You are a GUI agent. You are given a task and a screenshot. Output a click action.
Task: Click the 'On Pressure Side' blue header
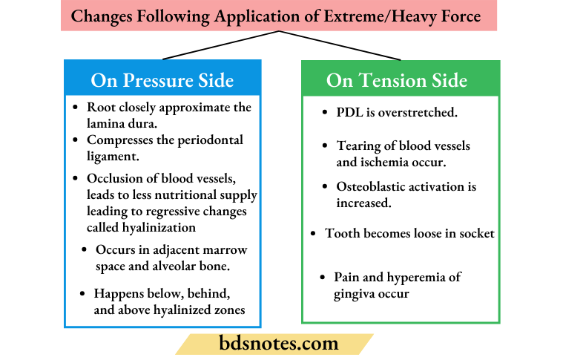[x=162, y=79]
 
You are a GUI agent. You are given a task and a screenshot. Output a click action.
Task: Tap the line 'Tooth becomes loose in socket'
[x=409, y=233]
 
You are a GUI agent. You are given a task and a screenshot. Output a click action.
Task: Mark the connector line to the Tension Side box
[x=340, y=45]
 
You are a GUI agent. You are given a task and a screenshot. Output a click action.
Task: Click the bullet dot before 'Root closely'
[x=76, y=108]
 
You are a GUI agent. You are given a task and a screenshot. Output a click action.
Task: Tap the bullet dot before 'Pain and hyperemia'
[x=323, y=278]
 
